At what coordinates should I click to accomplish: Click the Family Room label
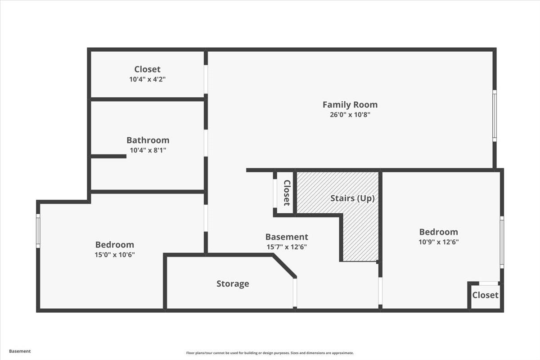(350, 105)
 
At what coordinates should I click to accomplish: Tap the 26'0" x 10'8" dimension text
(350, 115)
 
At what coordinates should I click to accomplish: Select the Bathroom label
(148, 140)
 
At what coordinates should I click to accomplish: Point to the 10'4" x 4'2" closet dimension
(148, 79)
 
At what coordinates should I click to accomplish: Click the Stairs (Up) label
(352, 198)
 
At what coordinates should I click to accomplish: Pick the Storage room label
(233, 284)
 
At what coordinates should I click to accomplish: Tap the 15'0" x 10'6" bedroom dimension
(115, 255)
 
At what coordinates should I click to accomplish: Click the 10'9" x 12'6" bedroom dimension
(438, 242)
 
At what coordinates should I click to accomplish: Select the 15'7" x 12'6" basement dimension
(287, 247)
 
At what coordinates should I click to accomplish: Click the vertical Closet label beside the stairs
(287, 193)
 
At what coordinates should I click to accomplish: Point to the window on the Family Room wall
(495, 116)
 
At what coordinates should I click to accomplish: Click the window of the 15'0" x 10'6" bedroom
(38, 231)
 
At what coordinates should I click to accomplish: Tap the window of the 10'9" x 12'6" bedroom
(502, 243)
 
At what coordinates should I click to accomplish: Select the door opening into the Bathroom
(206, 143)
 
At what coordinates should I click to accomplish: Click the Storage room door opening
(295, 293)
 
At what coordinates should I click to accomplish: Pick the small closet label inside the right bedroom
(485, 295)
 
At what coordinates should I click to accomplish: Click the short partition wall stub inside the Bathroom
(108, 156)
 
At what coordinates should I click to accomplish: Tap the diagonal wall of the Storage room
(284, 266)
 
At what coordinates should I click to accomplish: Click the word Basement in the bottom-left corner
(20, 351)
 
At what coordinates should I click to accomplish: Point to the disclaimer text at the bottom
(270, 353)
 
